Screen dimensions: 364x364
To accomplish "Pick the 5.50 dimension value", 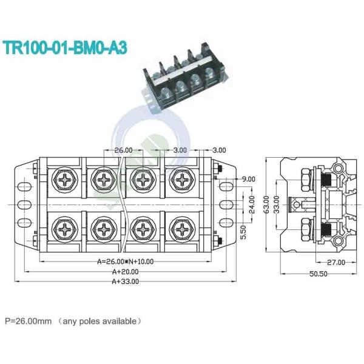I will pos(243,231).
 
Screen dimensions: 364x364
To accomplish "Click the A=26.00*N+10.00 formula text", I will pos(126,262).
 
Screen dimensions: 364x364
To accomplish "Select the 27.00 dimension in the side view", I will pos(335,263).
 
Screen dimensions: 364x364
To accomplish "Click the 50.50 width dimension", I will pos(318,274).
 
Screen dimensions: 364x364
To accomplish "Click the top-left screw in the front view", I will pos(65,180).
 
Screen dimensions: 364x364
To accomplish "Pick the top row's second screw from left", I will pos(104,180).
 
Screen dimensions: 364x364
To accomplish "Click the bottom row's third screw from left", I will pos(142,229).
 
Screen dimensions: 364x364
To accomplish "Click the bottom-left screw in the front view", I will pos(65,229).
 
